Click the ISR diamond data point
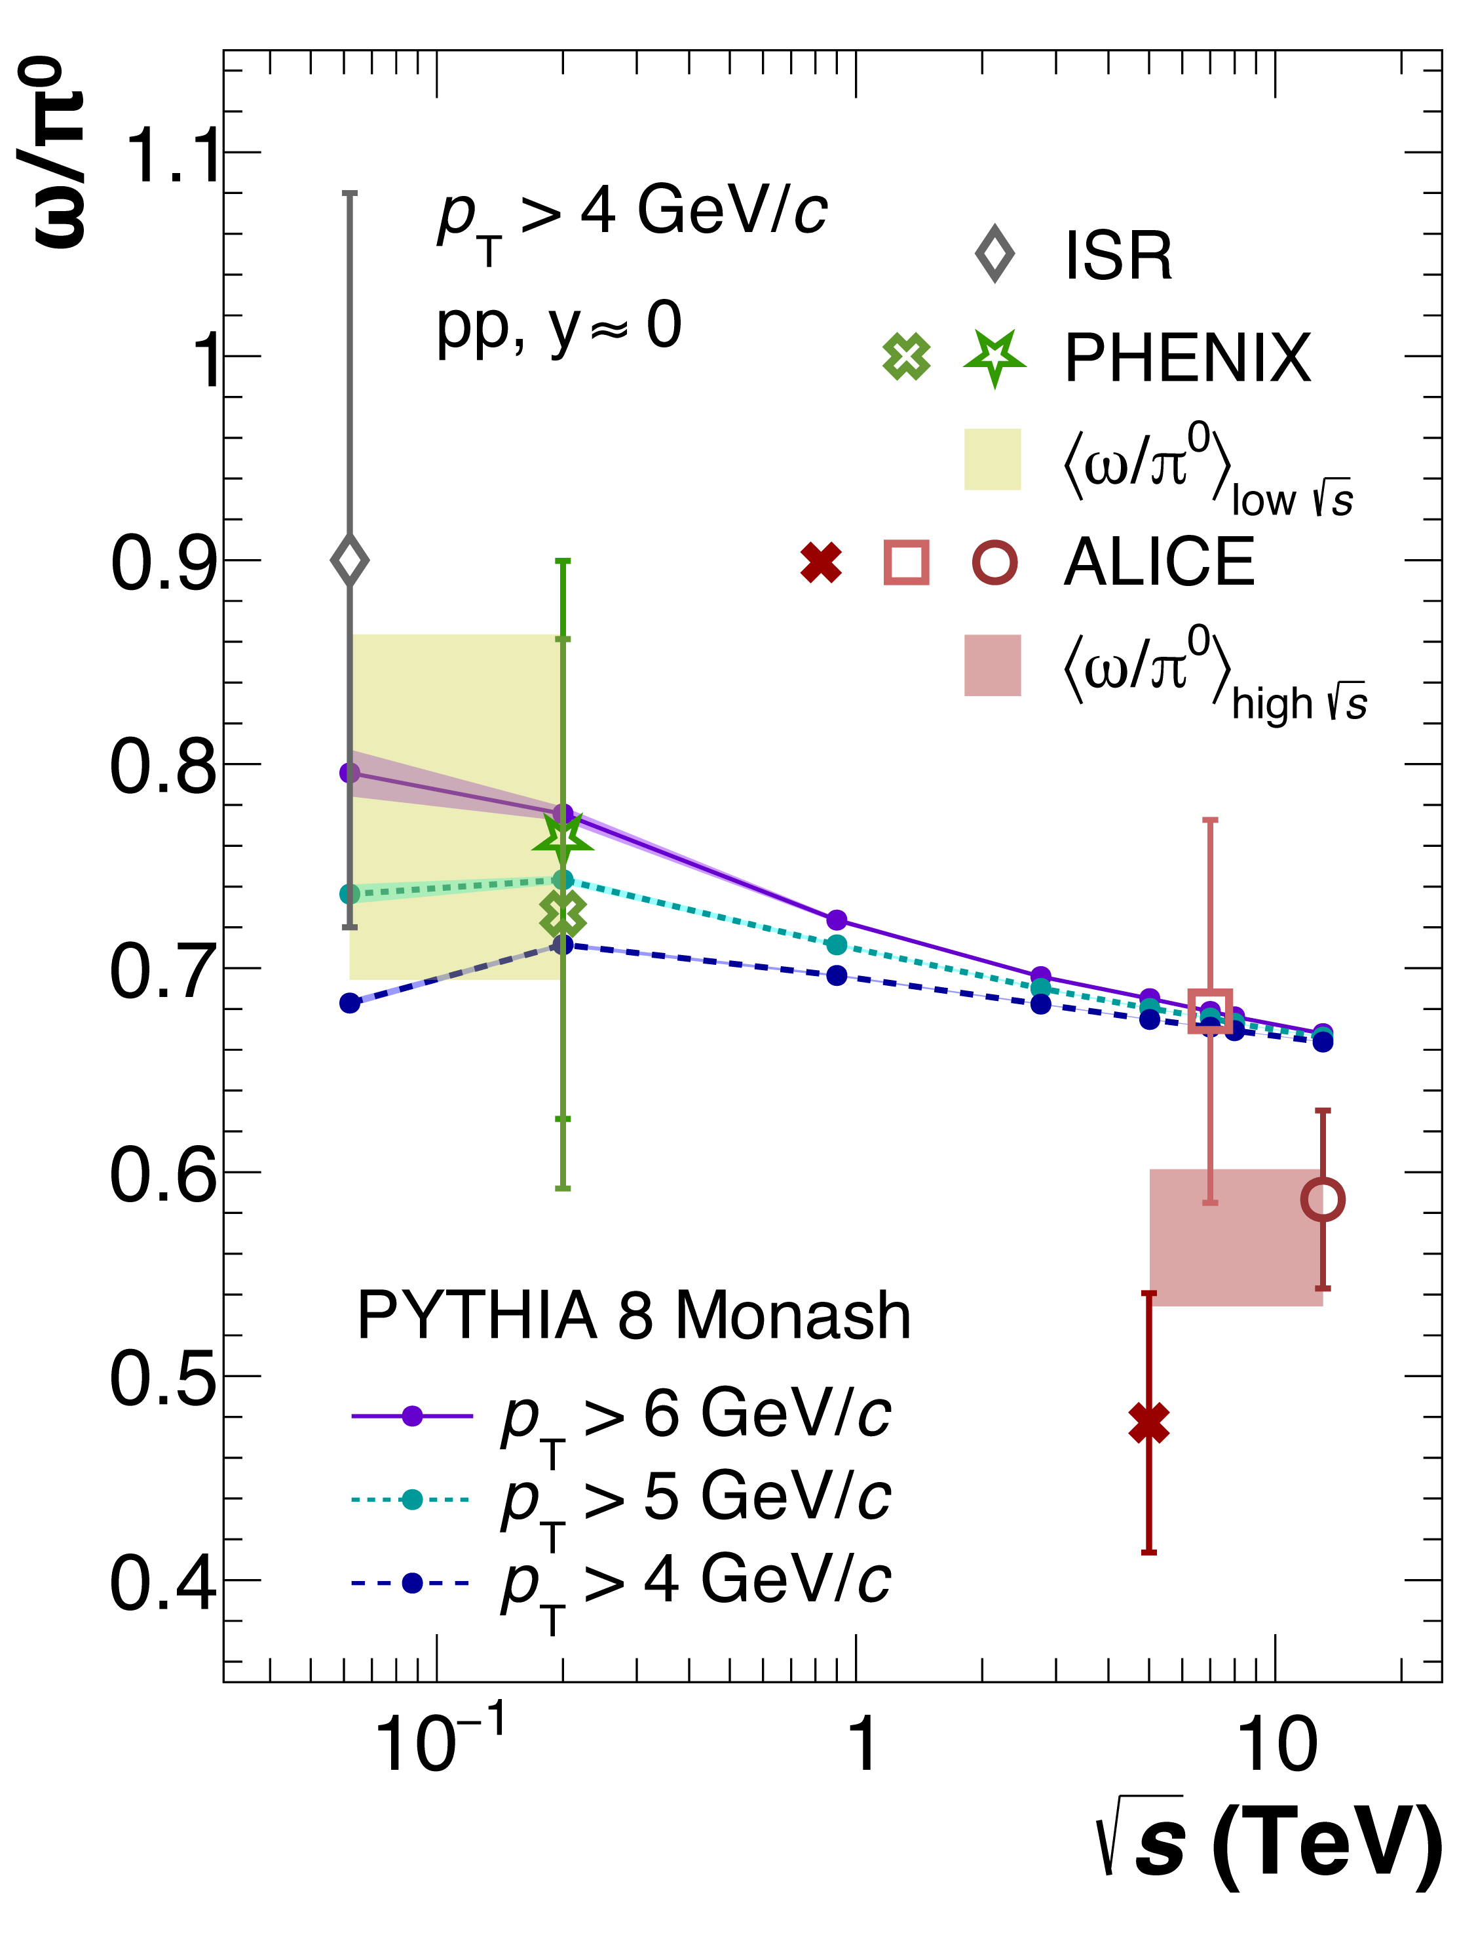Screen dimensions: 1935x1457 click(x=350, y=560)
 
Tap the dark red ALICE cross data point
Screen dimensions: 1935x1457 click(x=1148, y=1423)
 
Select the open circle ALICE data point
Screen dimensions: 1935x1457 click(x=1322, y=1200)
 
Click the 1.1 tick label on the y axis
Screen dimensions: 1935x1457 click(x=173, y=156)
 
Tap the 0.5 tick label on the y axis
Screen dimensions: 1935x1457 click(x=162, y=1378)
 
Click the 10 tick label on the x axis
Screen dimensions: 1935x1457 click(x=1277, y=1745)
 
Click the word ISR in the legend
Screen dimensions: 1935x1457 click(x=1118, y=256)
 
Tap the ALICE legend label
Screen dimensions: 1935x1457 click(x=1159, y=562)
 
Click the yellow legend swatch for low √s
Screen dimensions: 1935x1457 click(x=992, y=459)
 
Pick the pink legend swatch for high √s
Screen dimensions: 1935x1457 click(x=992, y=666)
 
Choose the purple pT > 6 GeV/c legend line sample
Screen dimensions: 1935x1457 click(x=411, y=1415)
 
